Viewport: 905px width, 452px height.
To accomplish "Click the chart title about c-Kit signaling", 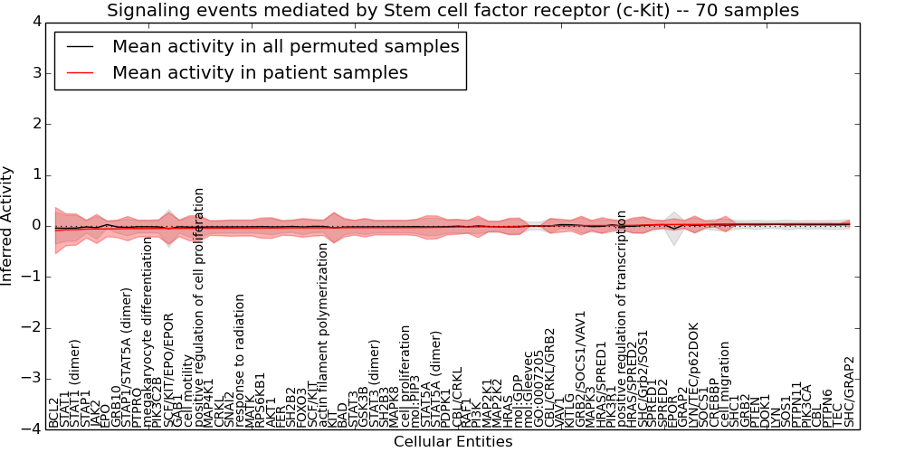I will pos(452,11).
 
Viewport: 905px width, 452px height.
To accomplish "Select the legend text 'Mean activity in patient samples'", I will pos(260,72).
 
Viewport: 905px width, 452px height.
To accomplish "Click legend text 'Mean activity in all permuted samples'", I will pos(285,47).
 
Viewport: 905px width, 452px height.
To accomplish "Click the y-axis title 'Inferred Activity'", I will pos(8,226).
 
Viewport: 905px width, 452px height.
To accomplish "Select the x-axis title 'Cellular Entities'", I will pos(452,442).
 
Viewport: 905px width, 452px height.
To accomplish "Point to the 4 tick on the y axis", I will pos(35,22).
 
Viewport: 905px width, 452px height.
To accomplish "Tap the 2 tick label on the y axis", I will pos(35,124).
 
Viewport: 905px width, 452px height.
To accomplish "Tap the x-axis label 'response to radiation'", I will pos(240,361).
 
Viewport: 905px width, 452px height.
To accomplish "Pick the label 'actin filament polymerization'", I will pos(323,335).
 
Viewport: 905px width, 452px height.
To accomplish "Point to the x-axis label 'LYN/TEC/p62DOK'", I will pos(694,375).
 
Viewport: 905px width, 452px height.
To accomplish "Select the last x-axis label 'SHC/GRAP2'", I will pos(849,392).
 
